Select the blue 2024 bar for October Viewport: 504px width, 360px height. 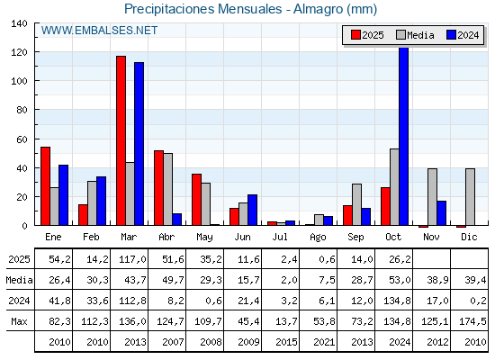pyautogui.click(x=403, y=136)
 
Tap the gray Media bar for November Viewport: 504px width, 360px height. pyautogui.click(x=432, y=197)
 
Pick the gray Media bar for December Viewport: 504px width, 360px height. pyautogui.click(x=470, y=197)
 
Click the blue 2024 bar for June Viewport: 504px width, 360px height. pyautogui.click(x=252, y=211)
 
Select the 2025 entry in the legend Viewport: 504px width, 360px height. pyautogui.click(x=366, y=35)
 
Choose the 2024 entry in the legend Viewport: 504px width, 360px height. pyautogui.click(x=461, y=35)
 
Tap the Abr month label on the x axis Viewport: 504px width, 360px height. pyautogui.click(x=166, y=236)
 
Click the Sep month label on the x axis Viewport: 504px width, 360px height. pyautogui.click(x=355, y=236)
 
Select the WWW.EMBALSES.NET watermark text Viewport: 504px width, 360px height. pyautogui.click(x=99, y=31)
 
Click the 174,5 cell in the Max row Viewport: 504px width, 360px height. pyautogui.click(x=472, y=321)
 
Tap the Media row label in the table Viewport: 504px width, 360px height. pyautogui.click(x=18, y=280)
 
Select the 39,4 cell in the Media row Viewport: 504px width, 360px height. pyautogui.click(x=472, y=280)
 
